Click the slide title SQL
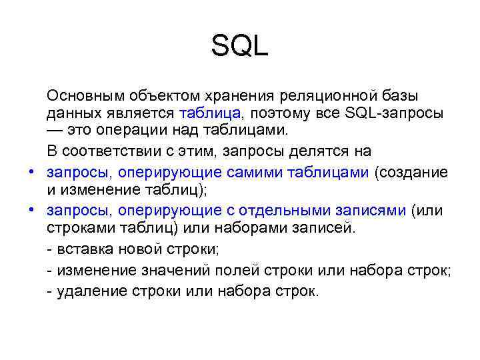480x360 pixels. click(x=239, y=46)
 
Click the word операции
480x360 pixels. click(x=129, y=131)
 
